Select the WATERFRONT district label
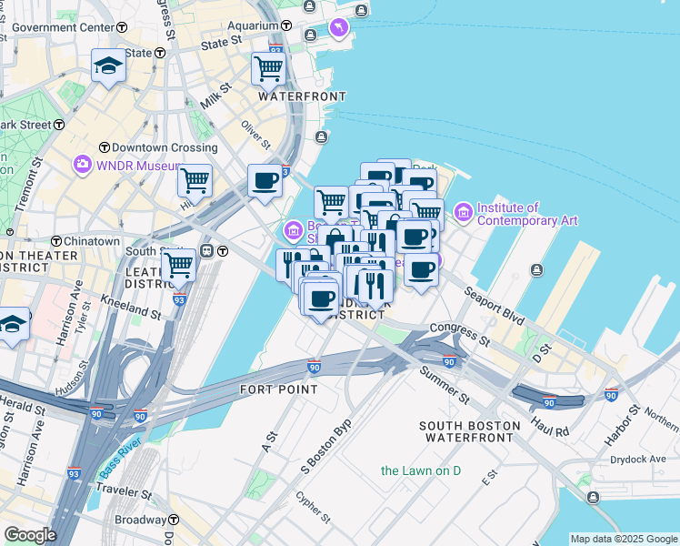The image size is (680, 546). point(302,96)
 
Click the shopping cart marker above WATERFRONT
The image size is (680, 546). point(268,67)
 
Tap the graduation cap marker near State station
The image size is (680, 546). point(108,66)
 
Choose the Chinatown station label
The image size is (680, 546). point(91,241)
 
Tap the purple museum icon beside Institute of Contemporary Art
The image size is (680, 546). point(464,213)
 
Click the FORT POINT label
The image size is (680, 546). point(279,389)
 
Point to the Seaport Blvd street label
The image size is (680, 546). point(495,307)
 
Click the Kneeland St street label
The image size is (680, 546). point(133,308)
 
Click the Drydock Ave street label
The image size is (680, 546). point(639,460)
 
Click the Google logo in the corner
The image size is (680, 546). point(29,535)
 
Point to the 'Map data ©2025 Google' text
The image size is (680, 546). point(624,539)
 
